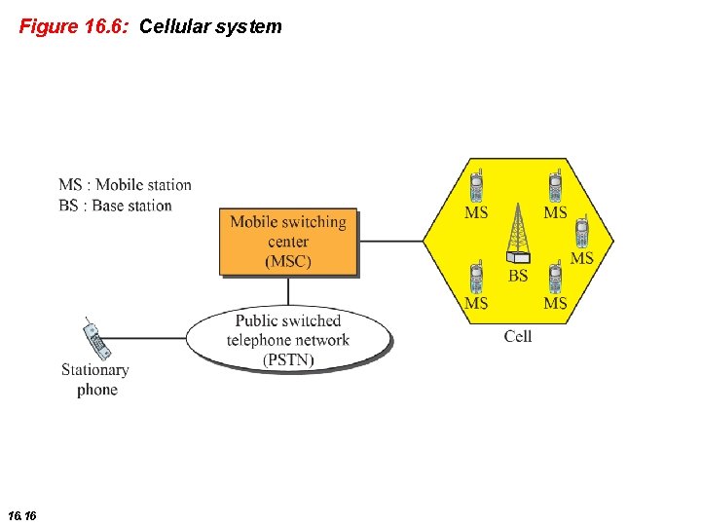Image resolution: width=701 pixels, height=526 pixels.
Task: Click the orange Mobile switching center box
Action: [x=288, y=242]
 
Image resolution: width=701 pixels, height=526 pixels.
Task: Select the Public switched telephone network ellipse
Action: [x=288, y=340]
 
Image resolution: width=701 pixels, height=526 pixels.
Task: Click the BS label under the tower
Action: [x=518, y=276]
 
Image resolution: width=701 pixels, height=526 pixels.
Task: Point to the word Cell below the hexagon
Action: [x=518, y=336]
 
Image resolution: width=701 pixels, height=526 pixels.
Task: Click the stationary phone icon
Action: [x=95, y=338]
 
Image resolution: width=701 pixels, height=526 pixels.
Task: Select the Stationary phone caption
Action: [x=95, y=380]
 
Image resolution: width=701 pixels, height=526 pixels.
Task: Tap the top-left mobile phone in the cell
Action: [x=476, y=184]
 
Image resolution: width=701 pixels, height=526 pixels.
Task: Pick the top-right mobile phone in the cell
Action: [x=555, y=184]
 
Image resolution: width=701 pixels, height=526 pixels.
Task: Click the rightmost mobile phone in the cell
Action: [x=581, y=232]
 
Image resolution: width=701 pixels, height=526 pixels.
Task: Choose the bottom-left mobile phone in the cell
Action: [x=476, y=278]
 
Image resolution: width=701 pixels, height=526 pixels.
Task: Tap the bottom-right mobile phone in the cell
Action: [x=555, y=278]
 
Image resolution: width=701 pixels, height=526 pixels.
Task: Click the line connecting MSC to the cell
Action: [x=389, y=241]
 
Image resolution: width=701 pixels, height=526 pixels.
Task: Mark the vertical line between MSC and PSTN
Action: [x=288, y=291]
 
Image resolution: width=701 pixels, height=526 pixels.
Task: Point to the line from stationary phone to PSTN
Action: [x=146, y=338]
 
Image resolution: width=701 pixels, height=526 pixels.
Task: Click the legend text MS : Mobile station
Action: [x=125, y=185]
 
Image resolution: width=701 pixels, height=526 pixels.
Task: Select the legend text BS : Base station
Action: [x=115, y=206]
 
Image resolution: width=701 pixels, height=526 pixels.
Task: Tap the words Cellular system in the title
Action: [x=210, y=26]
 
